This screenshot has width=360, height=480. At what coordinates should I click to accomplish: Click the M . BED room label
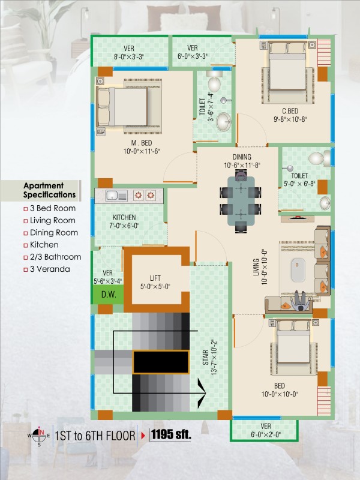[x=142, y=143]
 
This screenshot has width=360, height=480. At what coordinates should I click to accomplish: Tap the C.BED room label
[x=290, y=111]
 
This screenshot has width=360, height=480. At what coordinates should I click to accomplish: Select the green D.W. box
[x=109, y=295]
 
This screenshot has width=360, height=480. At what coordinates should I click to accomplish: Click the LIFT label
[x=155, y=278]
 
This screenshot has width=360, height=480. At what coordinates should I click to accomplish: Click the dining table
[x=241, y=200]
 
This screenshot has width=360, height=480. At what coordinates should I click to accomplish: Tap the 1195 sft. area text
[x=171, y=434]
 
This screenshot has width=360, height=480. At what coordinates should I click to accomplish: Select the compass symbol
[x=39, y=435]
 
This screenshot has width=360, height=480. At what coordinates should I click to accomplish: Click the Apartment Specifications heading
[x=49, y=190]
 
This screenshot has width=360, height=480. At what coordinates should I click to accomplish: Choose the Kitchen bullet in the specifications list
[x=44, y=245]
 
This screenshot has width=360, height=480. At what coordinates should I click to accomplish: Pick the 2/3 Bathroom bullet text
[x=55, y=257]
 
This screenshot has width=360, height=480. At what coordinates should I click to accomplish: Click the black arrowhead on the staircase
[x=202, y=393]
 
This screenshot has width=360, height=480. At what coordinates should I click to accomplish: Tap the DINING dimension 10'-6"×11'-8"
[x=242, y=166]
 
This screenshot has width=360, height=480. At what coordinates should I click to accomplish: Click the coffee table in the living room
[x=298, y=270]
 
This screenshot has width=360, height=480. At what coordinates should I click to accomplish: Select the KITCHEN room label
[x=124, y=217]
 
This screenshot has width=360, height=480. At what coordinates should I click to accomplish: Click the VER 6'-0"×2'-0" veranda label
[x=265, y=430]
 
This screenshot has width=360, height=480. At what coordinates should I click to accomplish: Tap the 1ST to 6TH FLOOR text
[x=95, y=436]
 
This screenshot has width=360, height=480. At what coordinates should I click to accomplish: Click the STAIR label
[x=206, y=357]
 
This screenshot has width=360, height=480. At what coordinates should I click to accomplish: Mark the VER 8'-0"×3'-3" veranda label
[x=129, y=53]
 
